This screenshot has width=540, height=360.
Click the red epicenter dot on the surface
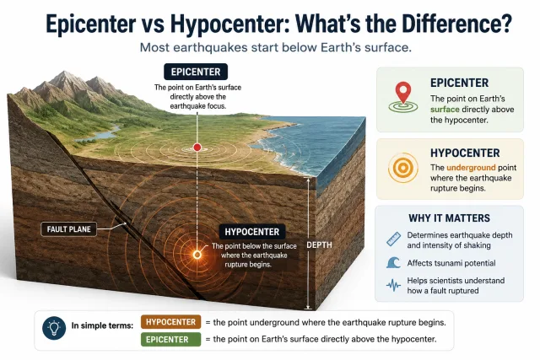point(197,148)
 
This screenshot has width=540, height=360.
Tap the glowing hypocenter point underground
point(197,255)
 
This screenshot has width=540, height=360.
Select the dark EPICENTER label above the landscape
point(196,72)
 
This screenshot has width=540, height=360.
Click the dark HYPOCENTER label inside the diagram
point(252,232)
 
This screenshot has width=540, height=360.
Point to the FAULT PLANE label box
point(69,229)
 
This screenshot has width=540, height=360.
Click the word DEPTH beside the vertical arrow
point(319,245)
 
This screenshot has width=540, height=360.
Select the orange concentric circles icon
point(403,168)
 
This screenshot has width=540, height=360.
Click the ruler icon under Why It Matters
point(394,239)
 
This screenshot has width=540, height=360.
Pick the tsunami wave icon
point(394,262)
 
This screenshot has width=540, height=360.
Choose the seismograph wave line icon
point(394,285)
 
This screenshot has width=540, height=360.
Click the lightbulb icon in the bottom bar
point(54,328)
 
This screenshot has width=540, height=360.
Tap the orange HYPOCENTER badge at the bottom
point(170,322)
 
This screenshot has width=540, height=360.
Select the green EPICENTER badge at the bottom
point(170,340)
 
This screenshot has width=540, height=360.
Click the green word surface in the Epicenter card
point(445,110)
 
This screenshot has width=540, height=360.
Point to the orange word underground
point(471,168)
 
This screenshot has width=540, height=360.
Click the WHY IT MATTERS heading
point(449,218)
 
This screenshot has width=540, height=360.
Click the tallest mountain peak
point(64,73)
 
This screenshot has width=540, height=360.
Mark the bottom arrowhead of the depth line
point(309,308)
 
